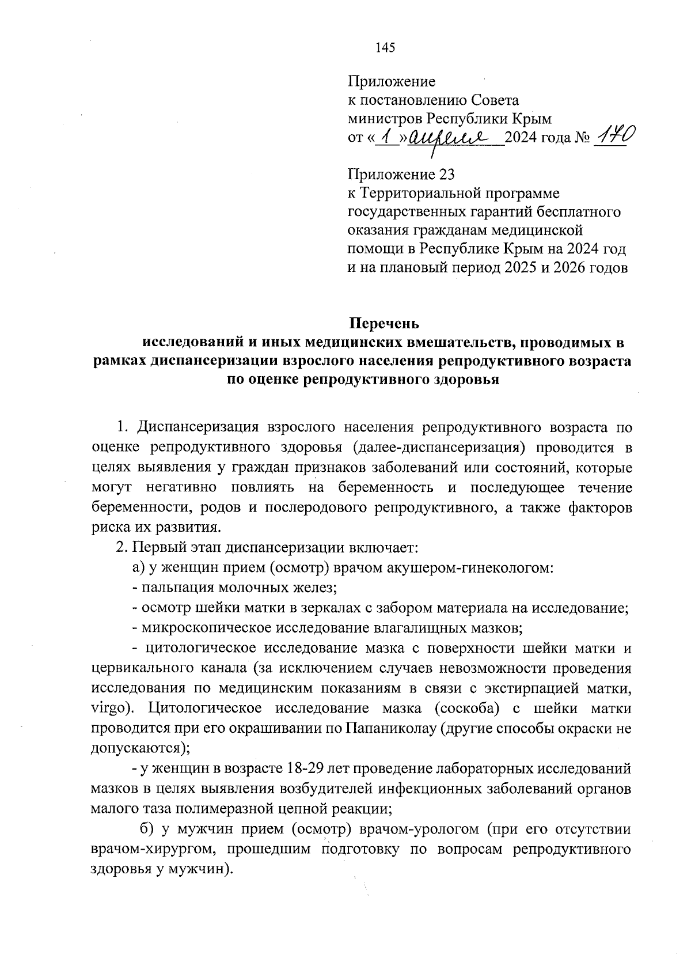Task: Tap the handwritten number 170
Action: click(x=614, y=137)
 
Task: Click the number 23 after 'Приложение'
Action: click(x=451, y=174)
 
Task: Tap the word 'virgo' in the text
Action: click(x=109, y=708)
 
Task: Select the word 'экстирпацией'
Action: click(x=523, y=688)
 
